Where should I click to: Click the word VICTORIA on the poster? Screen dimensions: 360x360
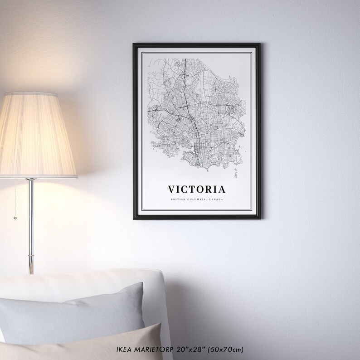pyautogui.click(x=196, y=188)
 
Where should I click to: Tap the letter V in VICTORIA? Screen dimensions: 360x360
pyautogui.click(x=172, y=188)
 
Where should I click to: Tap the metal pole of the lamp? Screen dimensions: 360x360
pyautogui.click(x=30, y=227)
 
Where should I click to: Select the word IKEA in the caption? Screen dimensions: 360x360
pyautogui.click(x=124, y=350)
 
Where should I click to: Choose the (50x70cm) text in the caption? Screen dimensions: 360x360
pyautogui.click(x=227, y=350)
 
